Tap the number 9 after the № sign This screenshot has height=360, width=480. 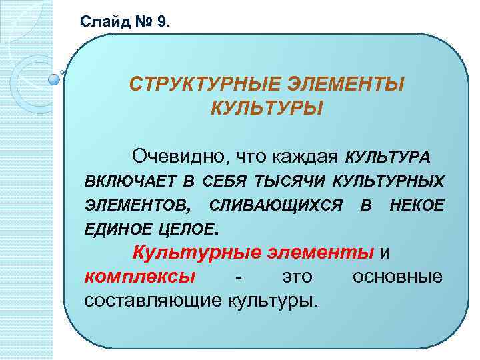164,22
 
